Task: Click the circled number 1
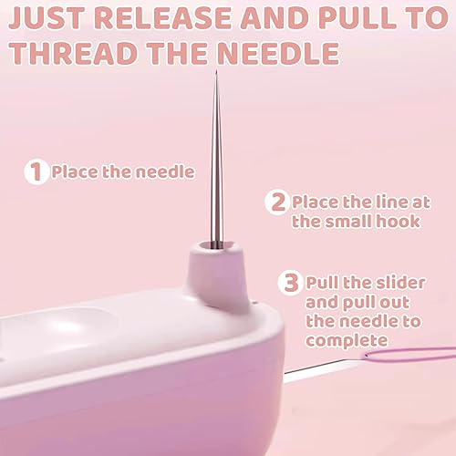[36, 172]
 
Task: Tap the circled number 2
[276, 202]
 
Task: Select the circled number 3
[290, 283]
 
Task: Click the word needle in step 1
[165, 172]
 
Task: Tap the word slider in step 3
[400, 283]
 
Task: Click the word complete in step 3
[347, 341]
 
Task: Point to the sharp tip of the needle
[216, 71]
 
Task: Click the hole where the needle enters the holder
[217, 244]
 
